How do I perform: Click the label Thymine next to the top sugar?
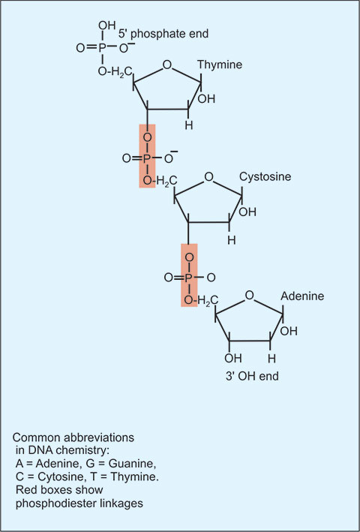pos(220,65)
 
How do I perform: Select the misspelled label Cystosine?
pos(265,177)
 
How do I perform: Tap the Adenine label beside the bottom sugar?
pos(302,296)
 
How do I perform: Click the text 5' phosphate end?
pos(163,34)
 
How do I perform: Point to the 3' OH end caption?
pos(251,376)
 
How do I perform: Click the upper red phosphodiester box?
pos(148,156)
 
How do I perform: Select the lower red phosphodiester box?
pos(189,275)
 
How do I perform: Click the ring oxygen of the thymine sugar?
pos(166,65)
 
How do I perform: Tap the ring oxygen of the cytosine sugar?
pos(208,177)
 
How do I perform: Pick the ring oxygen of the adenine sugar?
pos(250,296)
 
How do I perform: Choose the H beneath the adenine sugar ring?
pos(271,358)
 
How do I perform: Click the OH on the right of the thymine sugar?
pos(207,99)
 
